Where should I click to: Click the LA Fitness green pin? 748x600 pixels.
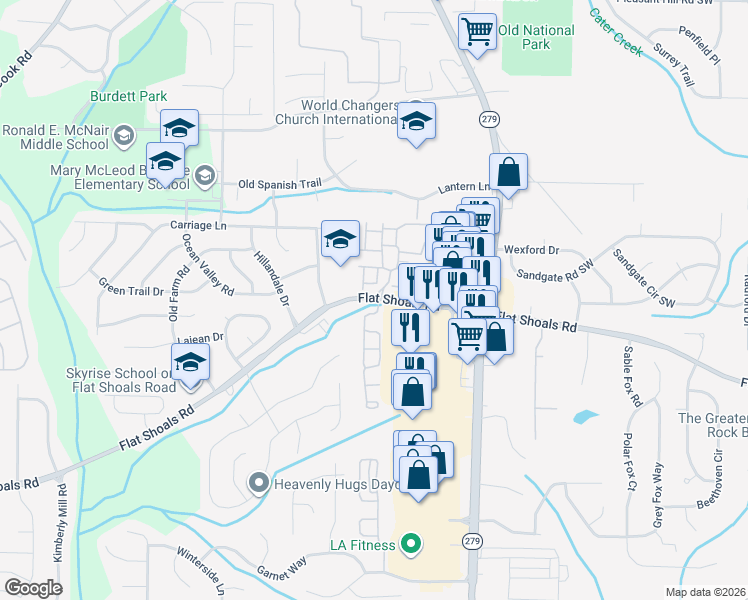tap(409, 545)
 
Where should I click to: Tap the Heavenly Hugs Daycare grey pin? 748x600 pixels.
tap(259, 484)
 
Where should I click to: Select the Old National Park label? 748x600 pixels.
tap(537, 38)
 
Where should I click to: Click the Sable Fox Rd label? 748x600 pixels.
tap(632, 376)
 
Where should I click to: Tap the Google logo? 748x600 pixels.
tap(34, 587)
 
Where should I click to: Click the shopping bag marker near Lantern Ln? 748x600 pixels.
tap(508, 172)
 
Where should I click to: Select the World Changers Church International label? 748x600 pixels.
tap(352, 112)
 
